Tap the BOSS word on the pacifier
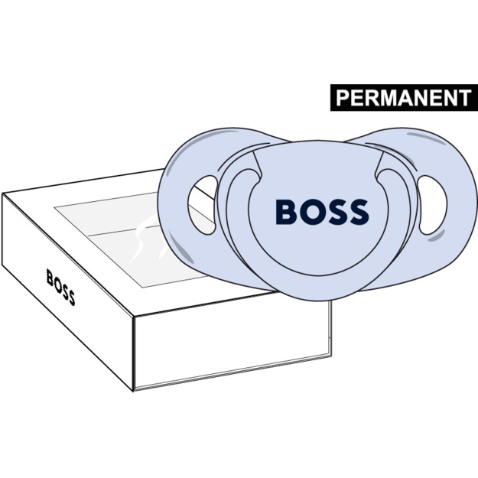pyautogui.click(x=321, y=212)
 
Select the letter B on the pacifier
pyautogui.click(x=286, y=212)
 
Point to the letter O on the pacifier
pyautogui.click(x=311, y=212)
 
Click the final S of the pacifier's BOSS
pyautogui.click(x=356, y=212)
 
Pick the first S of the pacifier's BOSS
pyautogui.click(x=334, y=212)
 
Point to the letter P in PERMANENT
pyautogui.click(x=343, y=98)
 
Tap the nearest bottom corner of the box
pyautogui.click(x=135, y=389)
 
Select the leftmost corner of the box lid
pyautogui.click(x=4, y=196)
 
